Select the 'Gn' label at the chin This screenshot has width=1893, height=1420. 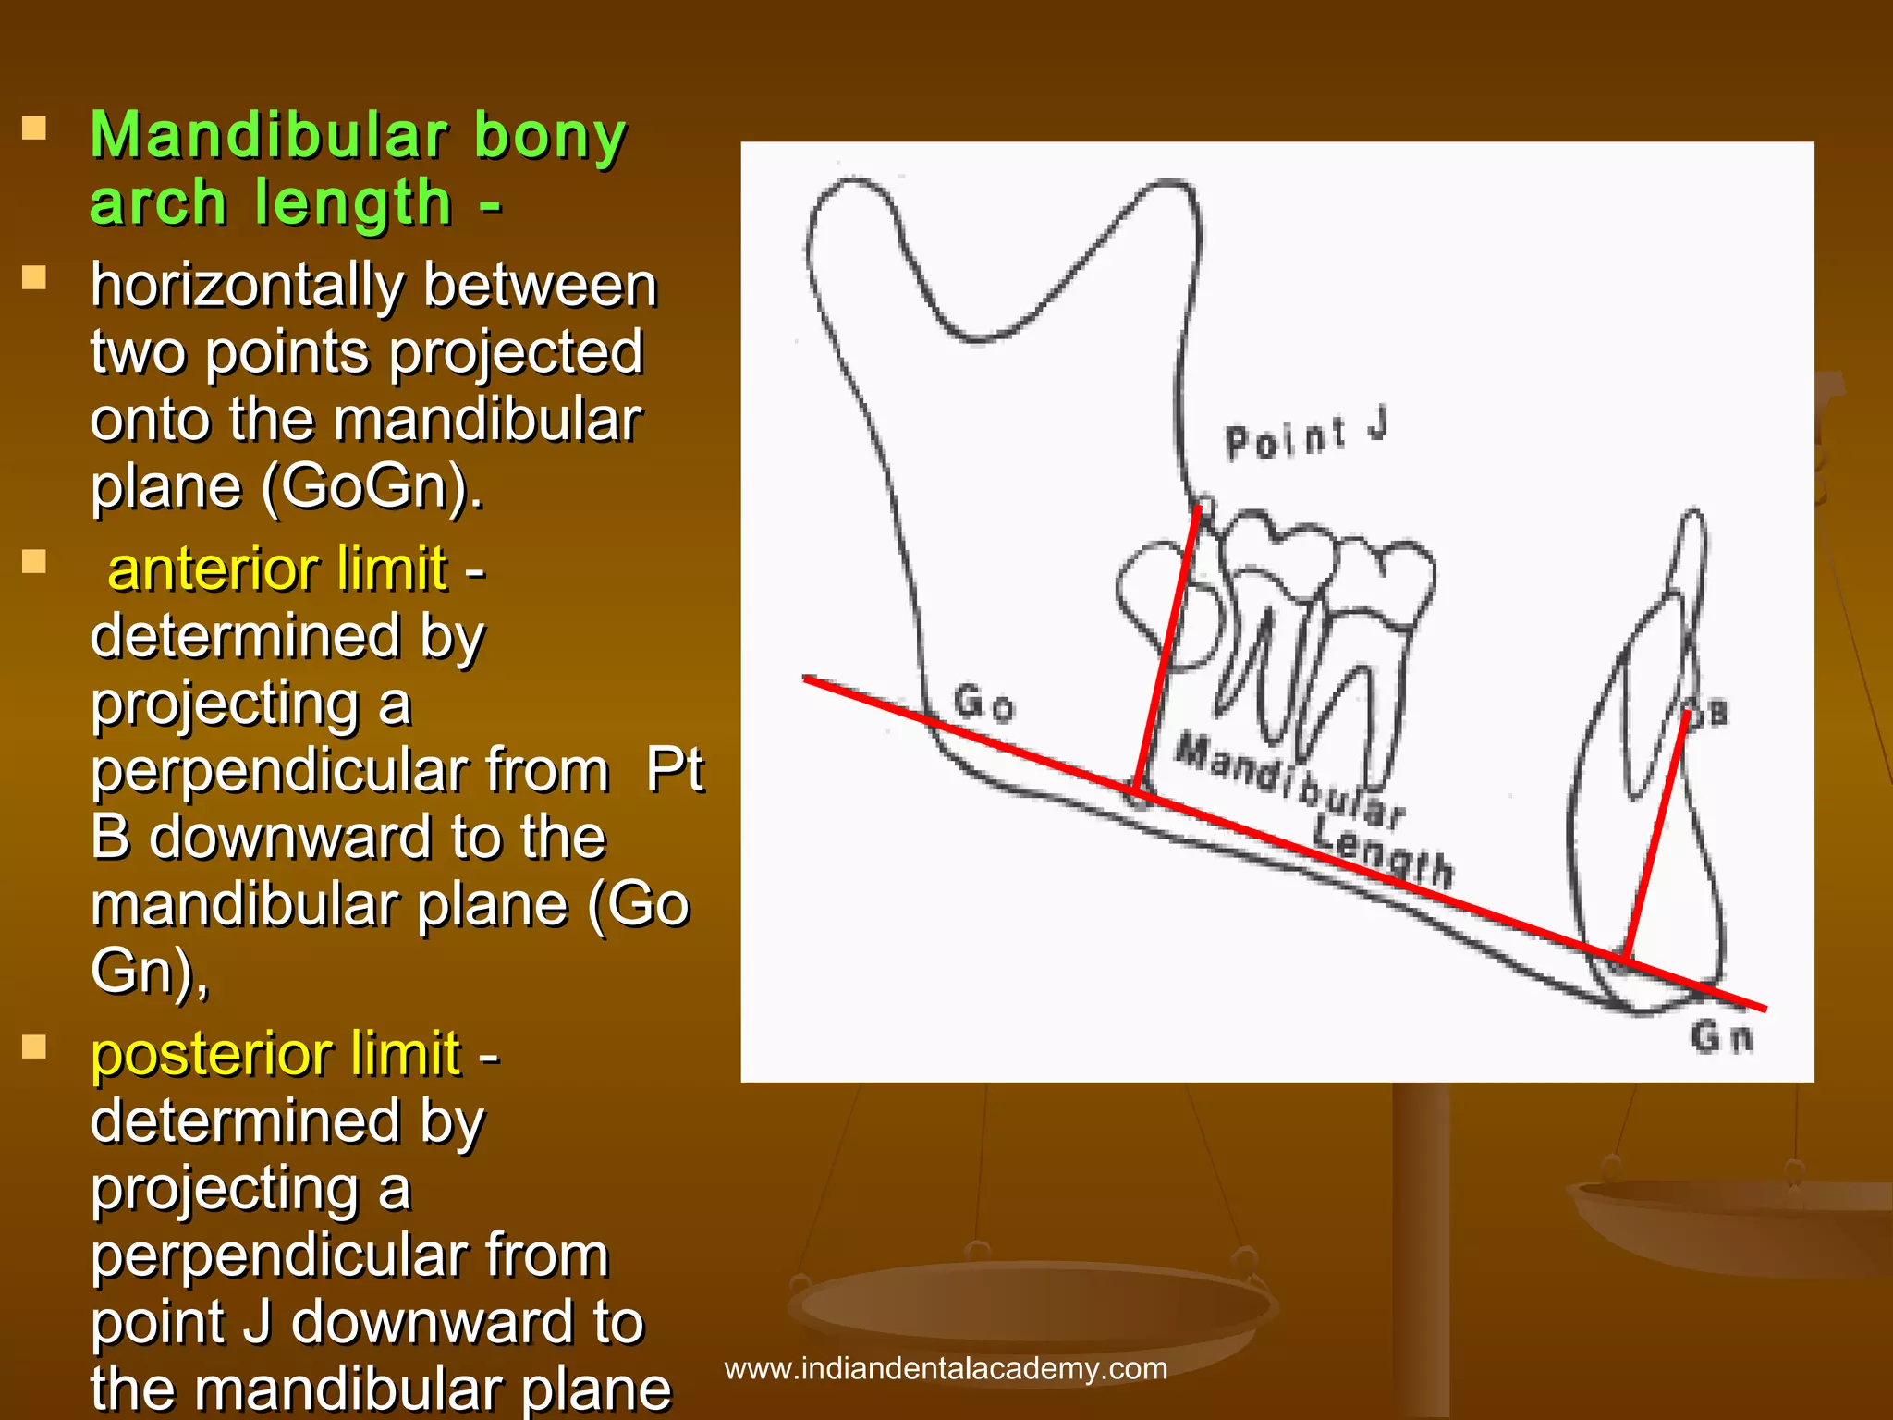pos(1721,1037)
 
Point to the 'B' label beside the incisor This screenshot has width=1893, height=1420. pos(1716,714)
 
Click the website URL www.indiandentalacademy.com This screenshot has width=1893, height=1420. pos(946,1368)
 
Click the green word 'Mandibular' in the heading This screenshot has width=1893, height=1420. pos(268,136)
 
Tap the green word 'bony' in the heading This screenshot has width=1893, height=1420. pos(550,136)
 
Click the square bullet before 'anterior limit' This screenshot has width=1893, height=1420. pos(34,562)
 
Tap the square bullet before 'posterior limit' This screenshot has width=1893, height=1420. pos(34,1047)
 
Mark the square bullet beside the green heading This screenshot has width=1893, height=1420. pos(34,128)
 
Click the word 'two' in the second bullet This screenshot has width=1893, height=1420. pos(138,353)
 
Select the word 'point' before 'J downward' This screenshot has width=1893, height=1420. pos(157,1322)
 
